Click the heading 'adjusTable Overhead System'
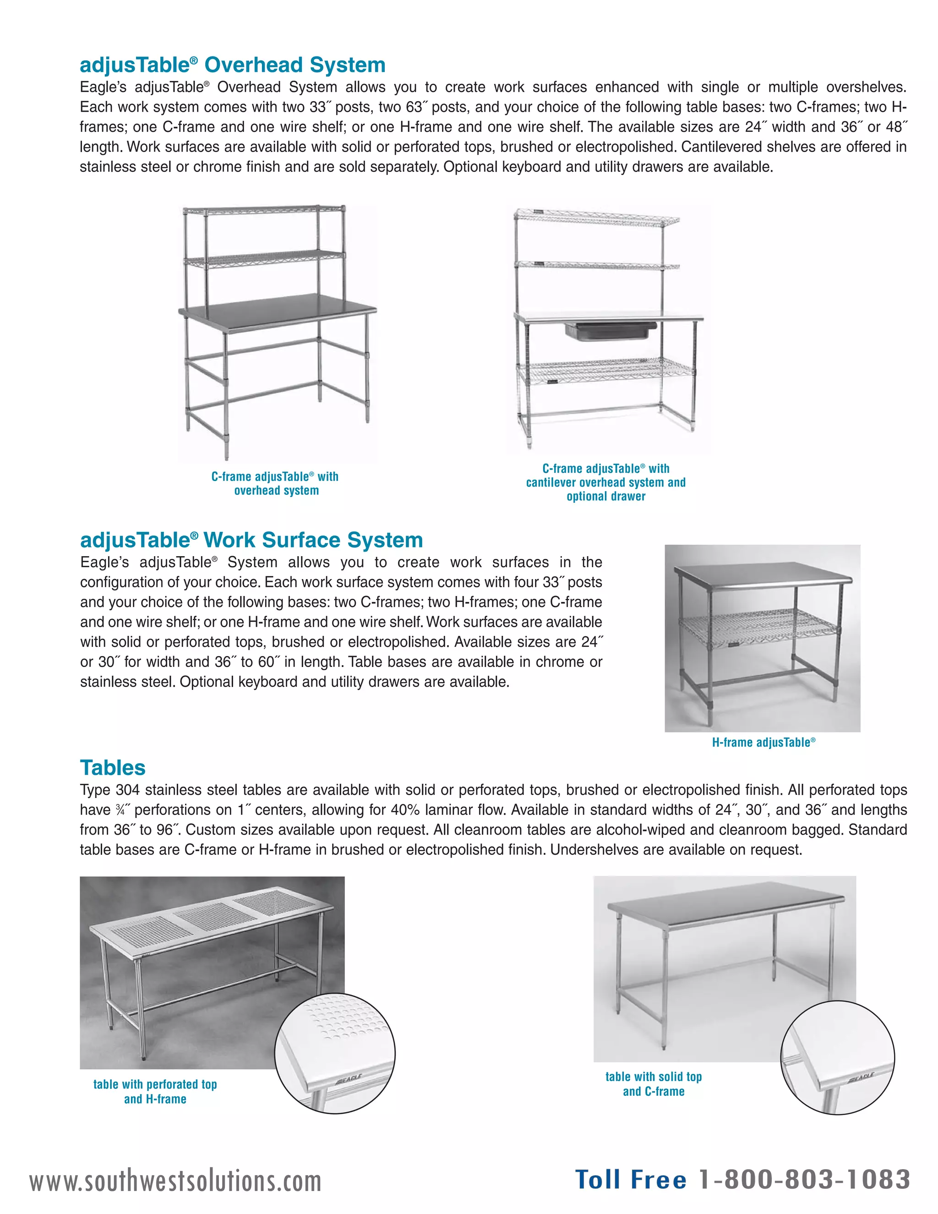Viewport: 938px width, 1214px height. tap(232, 65)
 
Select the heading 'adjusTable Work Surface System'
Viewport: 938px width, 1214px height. tap(251, 540)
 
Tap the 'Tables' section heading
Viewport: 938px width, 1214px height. tap(113, 768)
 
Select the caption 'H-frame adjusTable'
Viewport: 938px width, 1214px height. tap(763, 743)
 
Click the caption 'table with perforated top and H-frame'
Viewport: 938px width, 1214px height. tap(155, 1091)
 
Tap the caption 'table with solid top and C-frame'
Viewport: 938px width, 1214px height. tap(654, 1084)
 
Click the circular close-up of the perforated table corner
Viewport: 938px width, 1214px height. tap(335, 1053)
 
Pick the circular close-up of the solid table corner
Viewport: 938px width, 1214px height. tap(837, 1057)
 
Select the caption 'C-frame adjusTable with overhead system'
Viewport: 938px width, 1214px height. tap(275, 484)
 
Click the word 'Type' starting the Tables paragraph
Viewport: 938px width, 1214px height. tap(96, 790)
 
